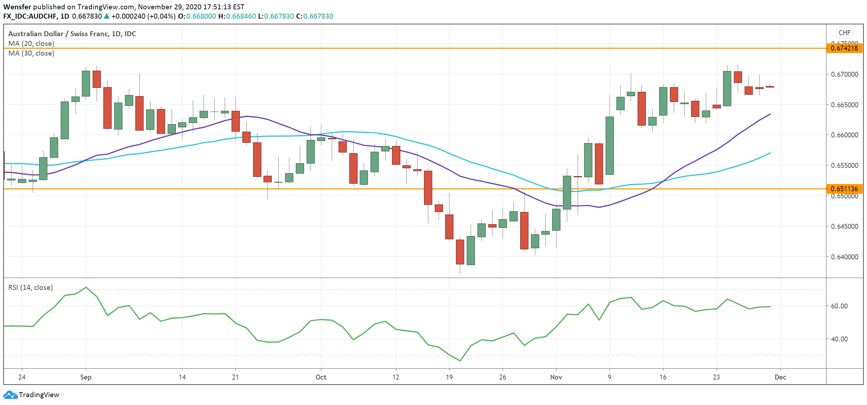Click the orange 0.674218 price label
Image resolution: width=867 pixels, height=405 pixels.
tap(844, 48)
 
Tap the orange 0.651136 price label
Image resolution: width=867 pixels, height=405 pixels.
tap(844, 189)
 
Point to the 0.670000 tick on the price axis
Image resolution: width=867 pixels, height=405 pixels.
tap(844, 74)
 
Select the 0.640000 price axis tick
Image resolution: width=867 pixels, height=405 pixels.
tap(844, 257)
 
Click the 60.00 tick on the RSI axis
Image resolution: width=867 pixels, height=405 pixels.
tap(839, 306)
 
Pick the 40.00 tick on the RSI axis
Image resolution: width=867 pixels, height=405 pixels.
tap(839, 339)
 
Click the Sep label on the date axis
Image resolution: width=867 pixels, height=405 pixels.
tap(86, 377)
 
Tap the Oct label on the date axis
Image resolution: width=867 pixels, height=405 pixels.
tap(321, 377)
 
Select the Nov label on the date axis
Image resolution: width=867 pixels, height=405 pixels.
tap(556, 377)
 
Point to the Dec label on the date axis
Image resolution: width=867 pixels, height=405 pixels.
tap(780, 377)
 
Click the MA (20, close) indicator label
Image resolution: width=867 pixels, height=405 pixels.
tap(31, 43)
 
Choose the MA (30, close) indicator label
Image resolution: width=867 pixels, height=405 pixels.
tap(31, 53)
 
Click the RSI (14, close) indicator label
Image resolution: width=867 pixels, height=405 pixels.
tap(31, 287)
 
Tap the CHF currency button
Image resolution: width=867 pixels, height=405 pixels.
tap(844, 33)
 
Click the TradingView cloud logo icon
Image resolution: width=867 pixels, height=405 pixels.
tap(10, 395)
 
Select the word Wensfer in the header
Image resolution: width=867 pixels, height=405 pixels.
tap(17, 7)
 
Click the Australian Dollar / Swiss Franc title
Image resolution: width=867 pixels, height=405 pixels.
tap(72, 34)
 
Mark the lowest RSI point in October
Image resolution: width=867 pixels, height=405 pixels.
tap(460, 361)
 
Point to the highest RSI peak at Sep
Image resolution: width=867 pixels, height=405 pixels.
tap(86, 287)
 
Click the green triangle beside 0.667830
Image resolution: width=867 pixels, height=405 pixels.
tap(107, 16)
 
